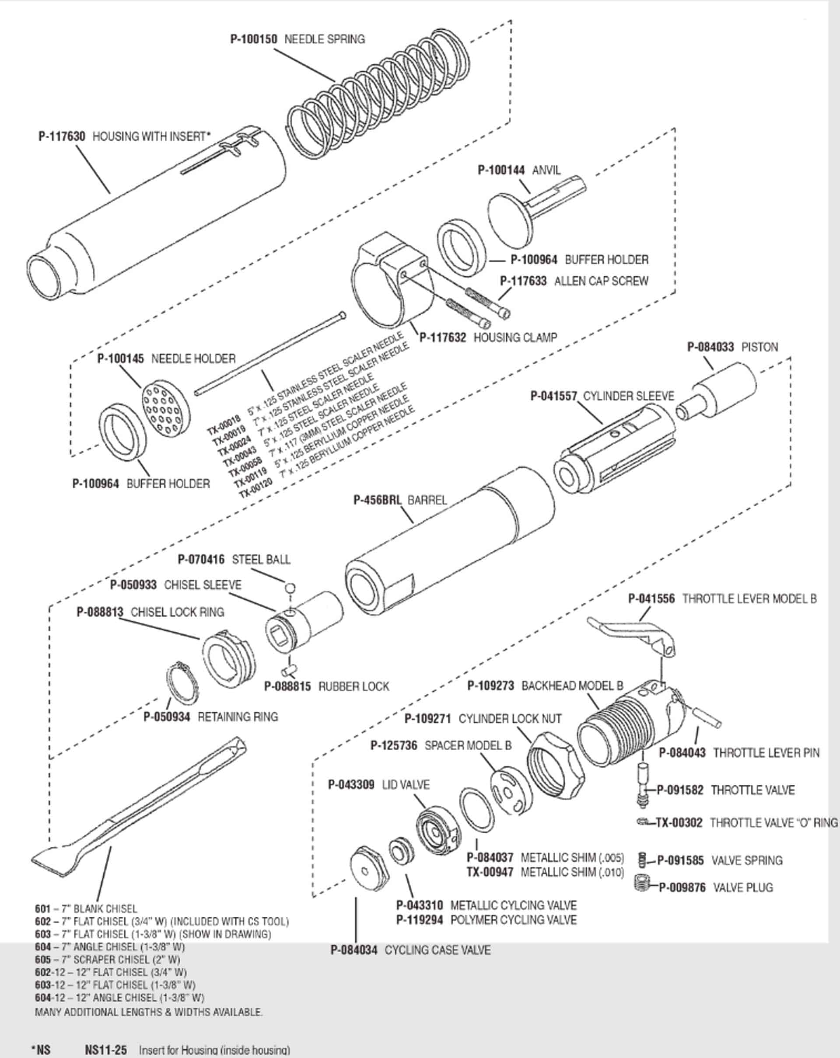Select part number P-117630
point(62,136)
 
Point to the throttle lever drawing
point(633,636)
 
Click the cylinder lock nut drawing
point(555,766)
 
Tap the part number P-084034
point(354,950)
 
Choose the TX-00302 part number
point(679,822)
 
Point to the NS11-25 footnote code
point(105,1050)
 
